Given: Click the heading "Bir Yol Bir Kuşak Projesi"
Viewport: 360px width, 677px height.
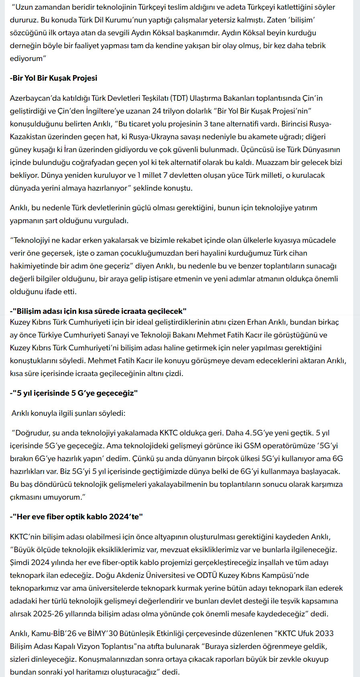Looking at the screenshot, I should (x=53, y=78).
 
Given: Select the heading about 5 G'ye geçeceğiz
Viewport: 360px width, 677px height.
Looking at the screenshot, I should (x=74, y=393).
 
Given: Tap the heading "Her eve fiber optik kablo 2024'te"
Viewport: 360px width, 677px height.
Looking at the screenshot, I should (x=77, y=516).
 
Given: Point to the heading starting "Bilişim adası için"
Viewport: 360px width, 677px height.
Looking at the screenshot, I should (x=98, y=311).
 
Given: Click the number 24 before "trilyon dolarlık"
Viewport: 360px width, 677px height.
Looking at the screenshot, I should (x=158, y=111).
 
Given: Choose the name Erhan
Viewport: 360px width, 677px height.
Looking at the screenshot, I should (x=256, y=322).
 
